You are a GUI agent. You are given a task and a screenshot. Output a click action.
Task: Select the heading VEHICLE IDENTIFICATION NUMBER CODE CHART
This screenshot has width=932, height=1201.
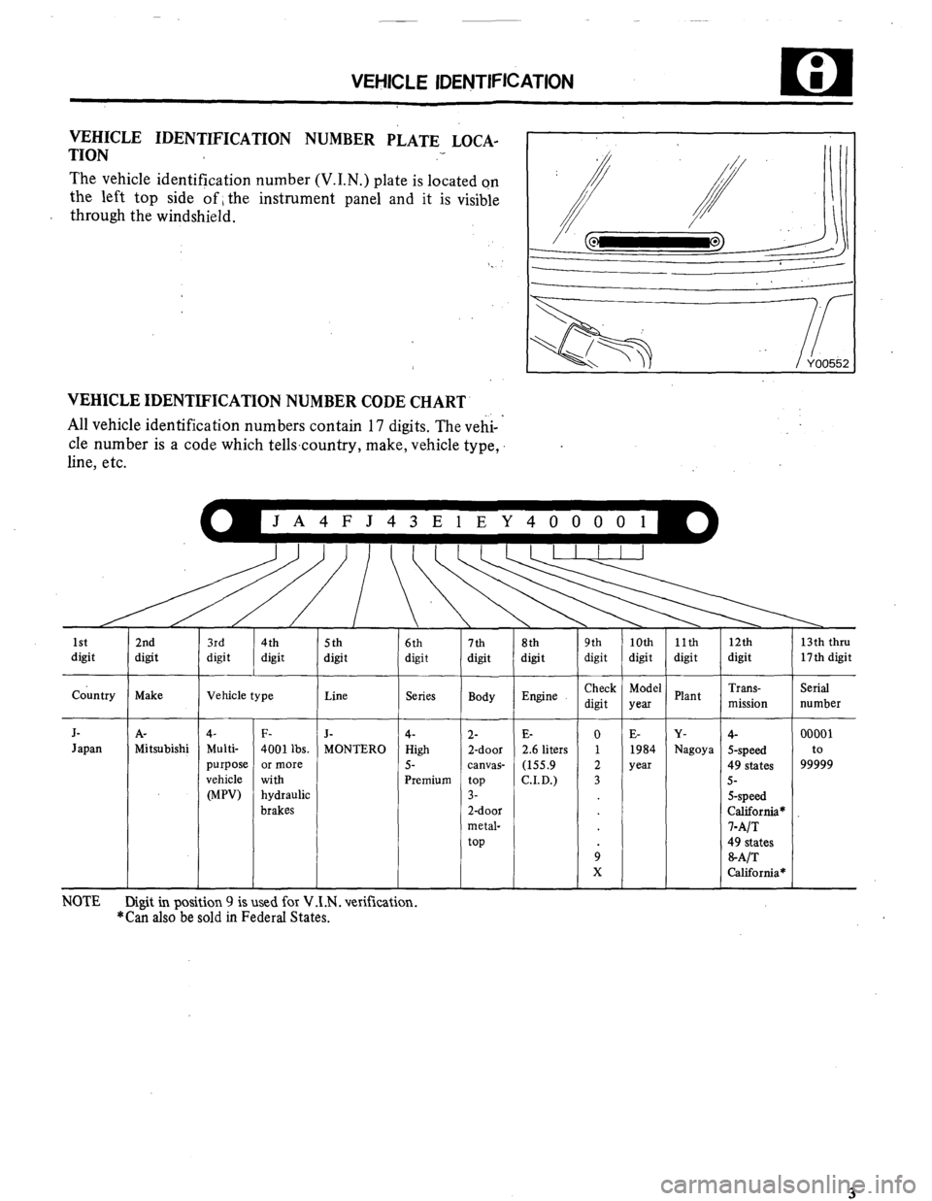265,401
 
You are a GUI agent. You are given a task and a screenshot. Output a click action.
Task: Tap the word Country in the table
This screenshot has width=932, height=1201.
94,695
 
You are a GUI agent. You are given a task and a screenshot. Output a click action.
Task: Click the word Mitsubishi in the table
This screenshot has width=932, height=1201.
161,749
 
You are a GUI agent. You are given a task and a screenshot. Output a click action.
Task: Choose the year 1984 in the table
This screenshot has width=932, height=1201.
644,749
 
